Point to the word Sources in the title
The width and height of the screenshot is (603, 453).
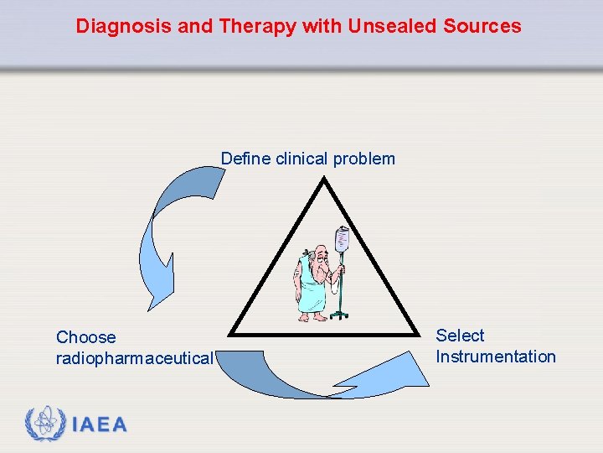[484, 26]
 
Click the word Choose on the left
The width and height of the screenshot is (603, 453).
[86, 337]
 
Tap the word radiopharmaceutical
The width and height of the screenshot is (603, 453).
[134, 358]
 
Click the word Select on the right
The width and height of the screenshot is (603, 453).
[460, 336]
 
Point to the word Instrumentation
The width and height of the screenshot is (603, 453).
[495, 357]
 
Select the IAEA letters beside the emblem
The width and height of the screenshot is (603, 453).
[100, 425]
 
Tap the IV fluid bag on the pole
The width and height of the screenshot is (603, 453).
[342, 240]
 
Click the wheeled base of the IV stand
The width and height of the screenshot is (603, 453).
[339, 315]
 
